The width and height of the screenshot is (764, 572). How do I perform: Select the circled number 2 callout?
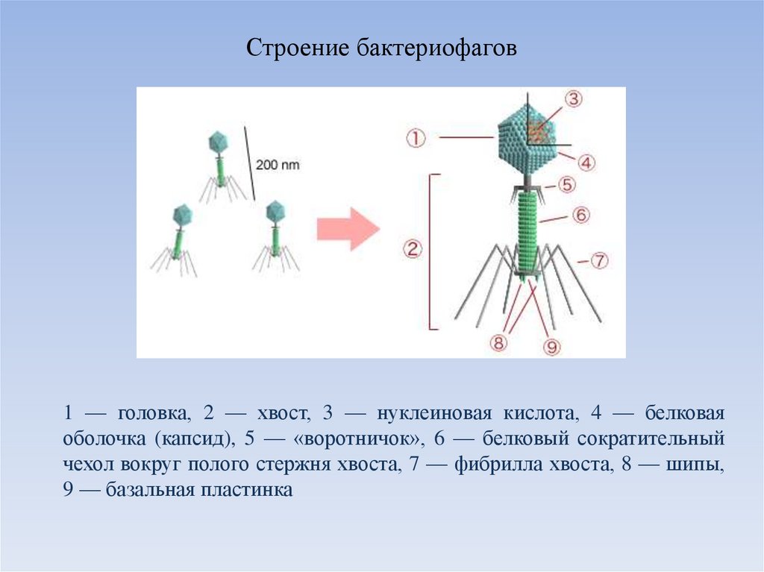412,250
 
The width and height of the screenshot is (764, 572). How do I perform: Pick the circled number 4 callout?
586,162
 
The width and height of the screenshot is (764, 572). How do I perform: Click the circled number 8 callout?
498,342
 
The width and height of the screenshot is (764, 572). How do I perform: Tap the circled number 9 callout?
551,346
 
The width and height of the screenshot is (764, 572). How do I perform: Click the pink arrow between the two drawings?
347,228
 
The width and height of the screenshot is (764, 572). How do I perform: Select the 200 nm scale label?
278,165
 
